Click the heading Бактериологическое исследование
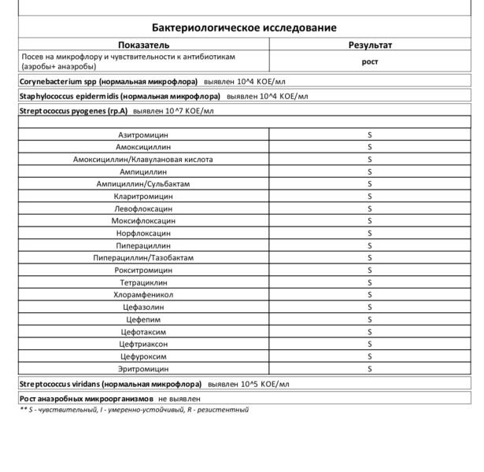click(244, 28)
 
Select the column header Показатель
click(143, 45)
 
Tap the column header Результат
click(370, 45)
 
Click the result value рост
click(370, 62)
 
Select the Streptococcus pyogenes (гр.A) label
click(73, 111)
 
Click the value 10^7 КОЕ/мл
click(190, 111)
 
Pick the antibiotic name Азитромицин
click(143, 135)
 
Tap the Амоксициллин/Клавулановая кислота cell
click(143, 159)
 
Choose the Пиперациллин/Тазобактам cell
click(143, 258)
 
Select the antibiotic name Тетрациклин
click(143, 282)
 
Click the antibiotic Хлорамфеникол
click(143, 294)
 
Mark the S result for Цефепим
click(370, 319)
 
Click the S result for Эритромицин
click(370, 368)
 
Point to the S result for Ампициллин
click(370, 171)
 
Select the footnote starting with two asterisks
click(134, 410)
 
